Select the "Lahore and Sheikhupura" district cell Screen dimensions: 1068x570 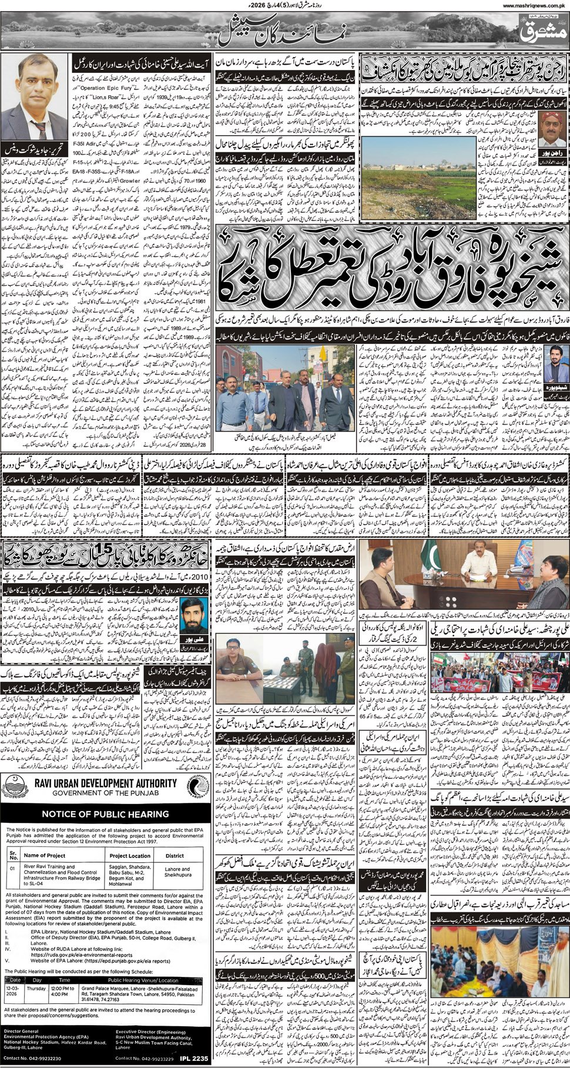click(x=177, y=872)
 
